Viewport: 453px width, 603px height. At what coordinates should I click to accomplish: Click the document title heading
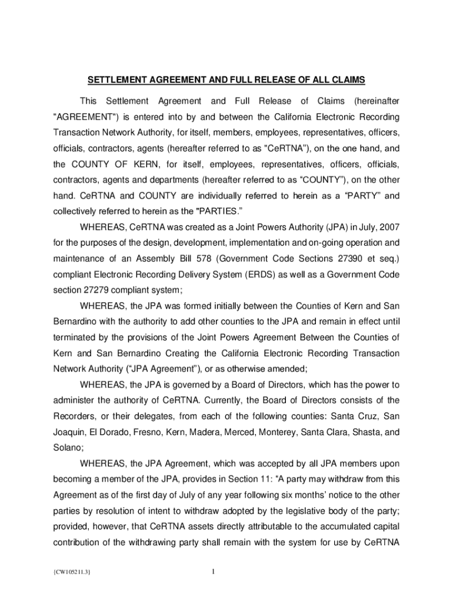pos(226,79)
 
